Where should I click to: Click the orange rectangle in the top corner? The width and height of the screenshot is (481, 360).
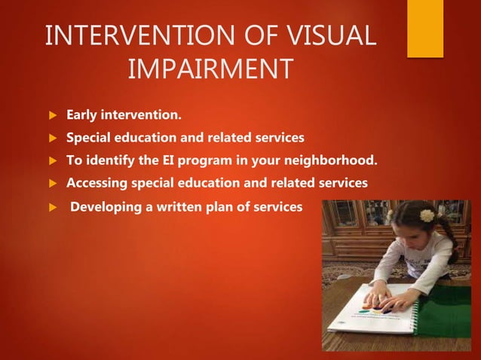pyautogui.click(x=425, y=29)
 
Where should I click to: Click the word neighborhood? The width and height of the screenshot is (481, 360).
pyautogui.click(x=332, y=160)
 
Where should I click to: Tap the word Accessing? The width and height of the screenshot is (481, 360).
pyautogui.click(x=99, y=183)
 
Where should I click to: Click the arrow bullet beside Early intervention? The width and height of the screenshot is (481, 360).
pyautogui.click(x=53, y=117)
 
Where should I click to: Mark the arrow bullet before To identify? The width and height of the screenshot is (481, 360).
pyautogui.click(x=53, y=161)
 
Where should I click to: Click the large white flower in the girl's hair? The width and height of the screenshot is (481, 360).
pyautogui.click(x=427, y=215)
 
